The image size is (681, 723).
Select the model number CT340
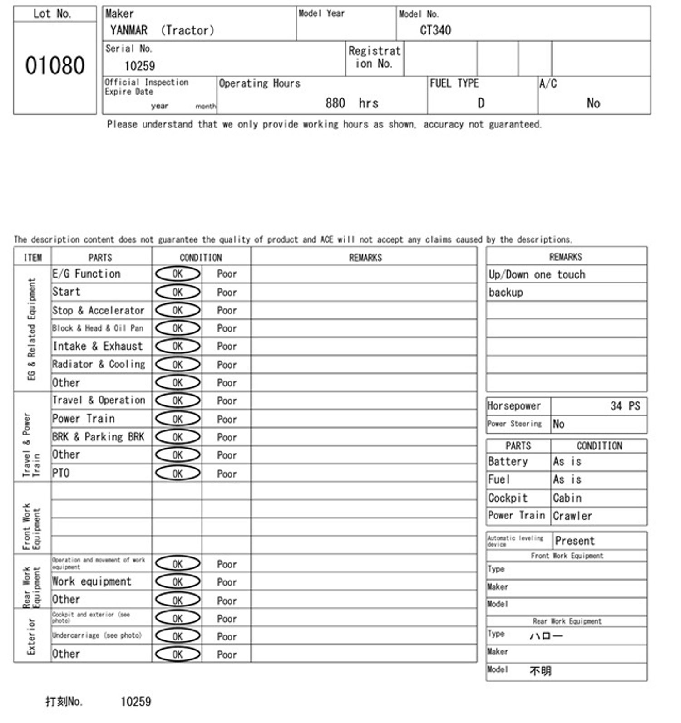[x=435, y=30]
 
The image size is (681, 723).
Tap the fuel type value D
[x=481, y=103]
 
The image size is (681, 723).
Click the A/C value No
[x=593, y=103]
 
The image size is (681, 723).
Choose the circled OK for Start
[x=178, y=292]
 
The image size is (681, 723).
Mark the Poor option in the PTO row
[x=227, y=474]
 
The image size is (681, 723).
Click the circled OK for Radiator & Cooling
[x=178, y=365]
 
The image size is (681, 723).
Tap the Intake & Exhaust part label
[x=98, y=347]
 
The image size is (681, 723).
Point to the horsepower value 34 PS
[x=625, y=406]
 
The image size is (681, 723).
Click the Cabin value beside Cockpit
[x=567, y=498]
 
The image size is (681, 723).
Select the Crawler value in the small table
[x=572, y=516]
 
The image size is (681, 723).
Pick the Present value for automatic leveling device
[x=574, y=541]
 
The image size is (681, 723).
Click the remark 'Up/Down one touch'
[x=537, y=274]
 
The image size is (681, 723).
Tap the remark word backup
[x=506, y=293]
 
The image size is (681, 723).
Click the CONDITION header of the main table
[x=201, y=258]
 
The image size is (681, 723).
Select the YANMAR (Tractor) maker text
[x=162, y=30]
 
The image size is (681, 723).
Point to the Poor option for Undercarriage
[x=227, y=636]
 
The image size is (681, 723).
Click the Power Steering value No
[x=558, y=424]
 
